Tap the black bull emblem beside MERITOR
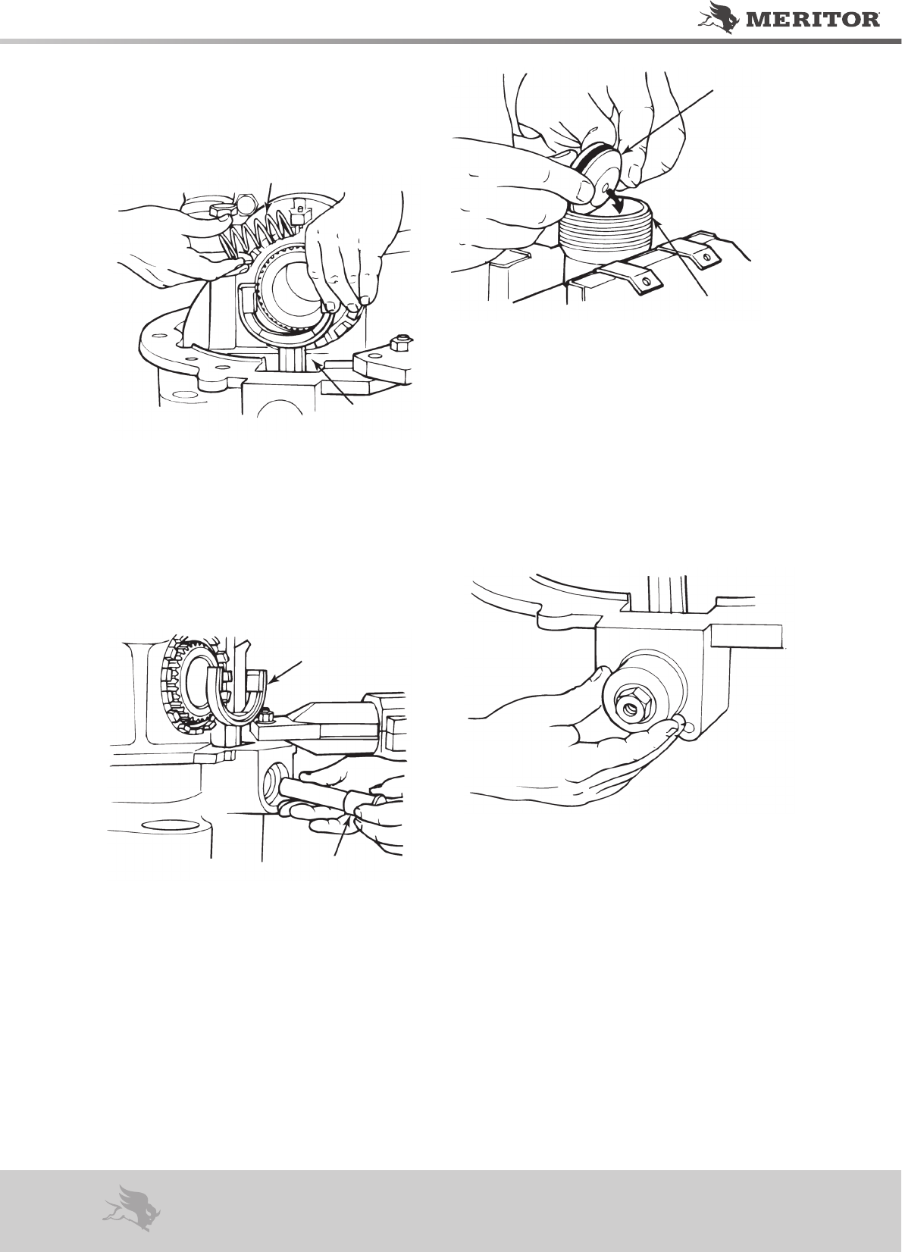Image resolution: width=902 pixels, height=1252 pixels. tap(720, 16)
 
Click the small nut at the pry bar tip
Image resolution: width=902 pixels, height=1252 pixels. tap(265, 714)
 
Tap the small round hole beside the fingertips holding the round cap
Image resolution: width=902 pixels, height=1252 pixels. tap(689, 727)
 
